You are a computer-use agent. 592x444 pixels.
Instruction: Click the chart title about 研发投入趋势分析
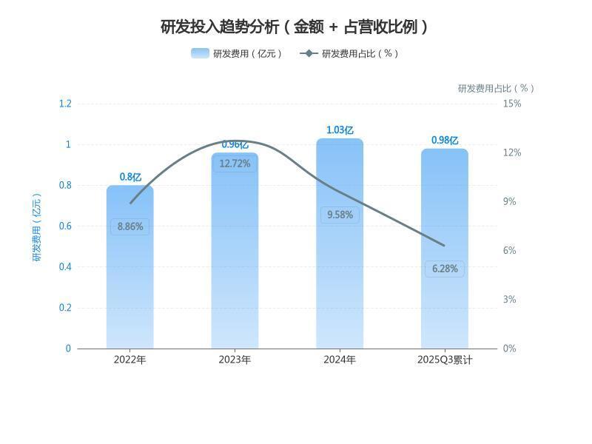coord(295,27)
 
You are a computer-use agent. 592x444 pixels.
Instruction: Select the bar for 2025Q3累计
coord(445,311)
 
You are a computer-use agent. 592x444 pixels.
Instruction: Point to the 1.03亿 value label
coord(340,130)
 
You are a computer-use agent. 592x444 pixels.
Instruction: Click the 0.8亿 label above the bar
coord(130,177)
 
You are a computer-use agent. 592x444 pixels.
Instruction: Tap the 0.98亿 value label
coord(445,141)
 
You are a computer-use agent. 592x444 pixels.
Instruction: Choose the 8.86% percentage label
coord(130,226)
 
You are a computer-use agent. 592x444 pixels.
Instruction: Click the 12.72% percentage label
coord(235,164)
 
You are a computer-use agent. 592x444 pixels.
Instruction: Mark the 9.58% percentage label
coord(340,215)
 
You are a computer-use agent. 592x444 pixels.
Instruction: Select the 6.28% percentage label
coord(445,269)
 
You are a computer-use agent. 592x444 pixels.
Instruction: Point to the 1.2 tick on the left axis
coord(65,104)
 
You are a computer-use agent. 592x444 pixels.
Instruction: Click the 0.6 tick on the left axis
coord(65,226)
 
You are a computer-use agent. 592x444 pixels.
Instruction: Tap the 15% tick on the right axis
coord(512,104)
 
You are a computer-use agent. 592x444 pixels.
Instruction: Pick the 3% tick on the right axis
coord(509,299)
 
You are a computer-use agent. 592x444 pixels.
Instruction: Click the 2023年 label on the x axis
coord(235,360)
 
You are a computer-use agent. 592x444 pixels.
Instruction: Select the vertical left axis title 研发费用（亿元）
coord(37,226)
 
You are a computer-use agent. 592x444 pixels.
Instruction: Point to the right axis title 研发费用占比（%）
coord(495,88)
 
